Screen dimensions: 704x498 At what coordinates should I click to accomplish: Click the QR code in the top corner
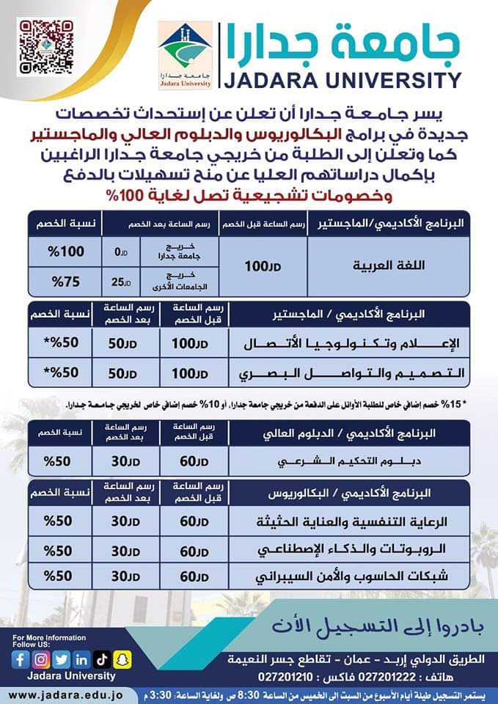point(46,47)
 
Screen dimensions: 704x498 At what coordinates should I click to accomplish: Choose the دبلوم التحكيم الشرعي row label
point(358,462)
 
